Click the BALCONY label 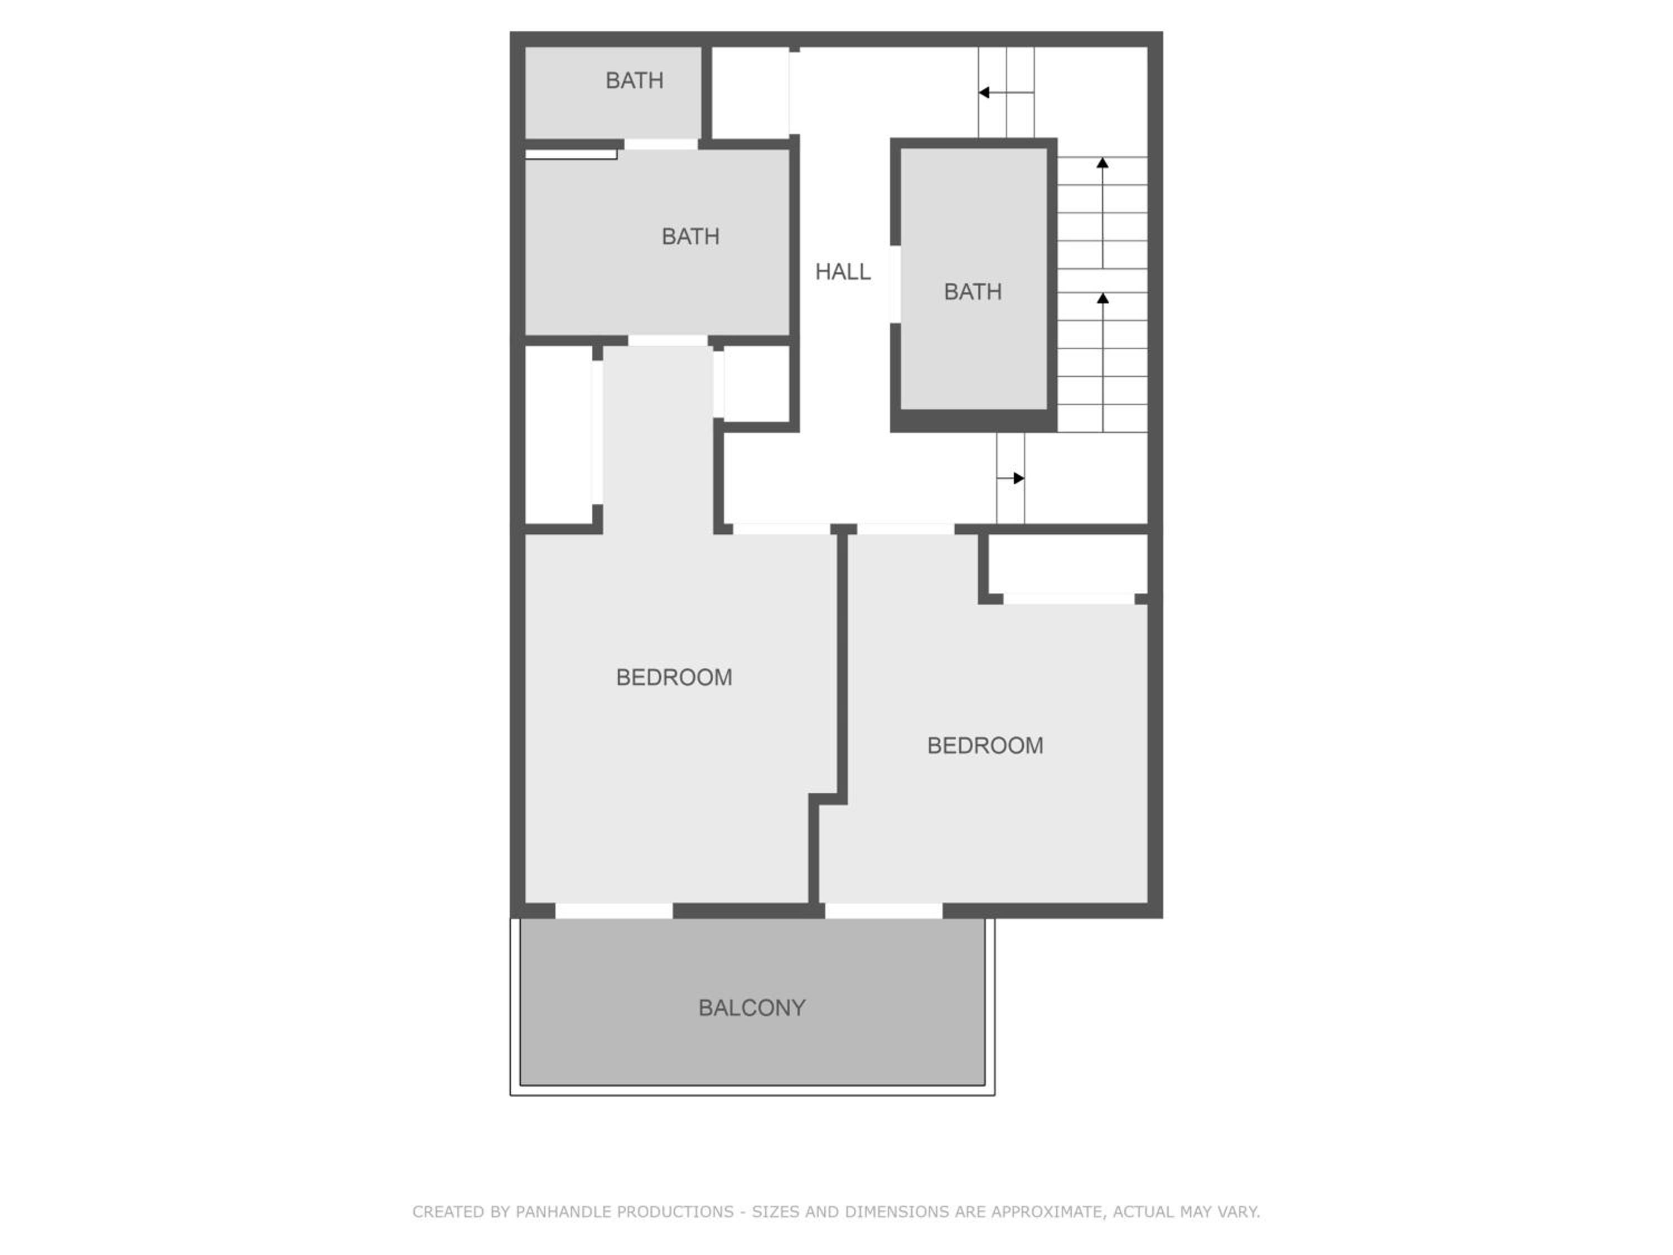pos(751,1008)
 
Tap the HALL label pos(843,272)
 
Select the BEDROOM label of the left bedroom pos(674,677)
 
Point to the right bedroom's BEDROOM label pos(985,746)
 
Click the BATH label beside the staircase pos(973,291)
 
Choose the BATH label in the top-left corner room pos(635,80)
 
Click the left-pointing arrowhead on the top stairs pos(984,92)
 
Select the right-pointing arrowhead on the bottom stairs pos(1019,478)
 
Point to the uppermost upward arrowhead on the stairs pos(1103,163)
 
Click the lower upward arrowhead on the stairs pos(1103,298)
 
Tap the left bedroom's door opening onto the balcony pos(614,911)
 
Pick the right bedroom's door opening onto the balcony pos(883,911)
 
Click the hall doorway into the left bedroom pos(781,529)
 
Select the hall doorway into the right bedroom pos(905,529)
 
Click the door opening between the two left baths pos(661,144)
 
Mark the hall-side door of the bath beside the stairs pos(894,284)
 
